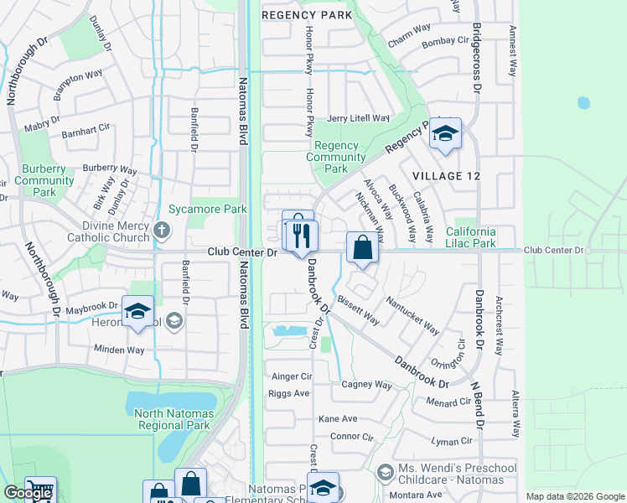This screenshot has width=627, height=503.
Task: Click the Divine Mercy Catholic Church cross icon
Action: [163, 229]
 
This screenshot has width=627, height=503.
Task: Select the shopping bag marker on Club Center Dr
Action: [361, 248]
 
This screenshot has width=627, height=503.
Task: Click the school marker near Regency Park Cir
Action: [445, 133]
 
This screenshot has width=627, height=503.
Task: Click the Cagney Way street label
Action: [366, 385]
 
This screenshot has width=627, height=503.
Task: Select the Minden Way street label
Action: [119, 350]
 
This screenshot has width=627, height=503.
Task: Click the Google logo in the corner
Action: [28, 493]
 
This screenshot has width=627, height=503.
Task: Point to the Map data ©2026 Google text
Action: [573, 496]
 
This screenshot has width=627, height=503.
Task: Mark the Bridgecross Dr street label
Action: [476, 57]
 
